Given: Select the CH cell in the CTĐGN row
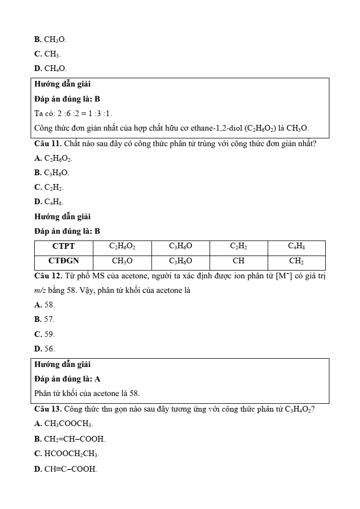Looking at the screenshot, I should pyautogui.click(x=239, y=261).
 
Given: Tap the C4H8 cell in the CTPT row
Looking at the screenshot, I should pyautogui.click(x=297, y=246).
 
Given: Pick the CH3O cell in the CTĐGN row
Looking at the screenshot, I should pyautogui.click(x=122, y=261).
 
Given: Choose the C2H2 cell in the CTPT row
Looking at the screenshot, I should pyautogui.click(x=239, y=246).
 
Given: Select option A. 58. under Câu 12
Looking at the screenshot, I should pyautogui.click(x=44, y=305).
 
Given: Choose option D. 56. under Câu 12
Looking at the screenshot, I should pyautogui.click(x=44, y=348).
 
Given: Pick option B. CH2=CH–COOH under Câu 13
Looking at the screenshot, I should pyautogui.click(x=70, y=439).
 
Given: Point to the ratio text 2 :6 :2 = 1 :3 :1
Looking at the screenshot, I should pyautogui.click(x=81, y=113).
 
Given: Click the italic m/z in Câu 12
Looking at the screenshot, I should pyautogui.click(x=40, y=290).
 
